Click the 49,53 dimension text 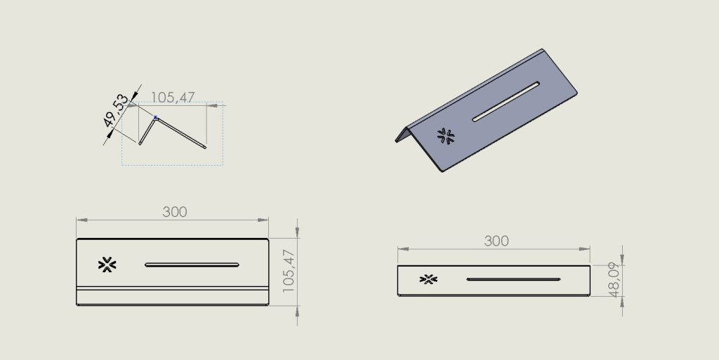point(116,110)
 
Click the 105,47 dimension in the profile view point(173,97)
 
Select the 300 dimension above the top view point(175,212)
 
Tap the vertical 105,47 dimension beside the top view point(289,271)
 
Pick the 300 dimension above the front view point(496,241)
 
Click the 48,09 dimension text point(614,279)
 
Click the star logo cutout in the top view point(107,265)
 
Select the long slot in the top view point(192,265)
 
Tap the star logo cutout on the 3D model point(446,136)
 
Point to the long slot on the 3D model point(506,102)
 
